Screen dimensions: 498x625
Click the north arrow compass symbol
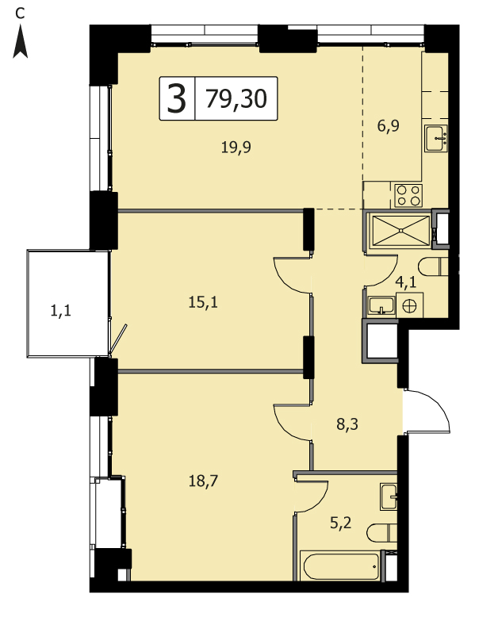click(x=20, y=42)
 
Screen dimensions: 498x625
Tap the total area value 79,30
click(x=236, y=99)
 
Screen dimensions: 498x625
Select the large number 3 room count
click(x=177, y=98)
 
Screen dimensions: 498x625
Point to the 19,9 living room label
click(x=236, y=148)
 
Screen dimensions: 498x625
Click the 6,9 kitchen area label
click(x=388, y=126)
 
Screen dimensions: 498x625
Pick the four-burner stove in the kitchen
click(x=408, y=195)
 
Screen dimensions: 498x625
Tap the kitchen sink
click(x=436, y=138)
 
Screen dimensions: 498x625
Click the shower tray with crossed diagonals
click(x=400, y=230)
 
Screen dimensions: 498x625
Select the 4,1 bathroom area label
click(x=405, y=282)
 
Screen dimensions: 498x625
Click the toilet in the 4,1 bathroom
click(x=433, y=266)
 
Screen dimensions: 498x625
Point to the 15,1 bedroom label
click(x=203, y=302)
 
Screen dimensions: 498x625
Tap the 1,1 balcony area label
click(x=60, y=310)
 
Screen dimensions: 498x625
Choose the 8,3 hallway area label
click(x=347, y=424)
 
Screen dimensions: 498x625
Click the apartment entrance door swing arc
click(x=438, y=404)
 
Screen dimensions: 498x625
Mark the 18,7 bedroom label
click(x=203, y=481)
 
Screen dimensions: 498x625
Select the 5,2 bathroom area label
click(x=341, y=523)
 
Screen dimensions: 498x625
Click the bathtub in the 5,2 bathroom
click(x=341, y=566)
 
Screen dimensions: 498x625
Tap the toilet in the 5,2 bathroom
click(x=382, y=532)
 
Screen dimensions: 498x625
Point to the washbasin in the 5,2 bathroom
click(x=389, y=497)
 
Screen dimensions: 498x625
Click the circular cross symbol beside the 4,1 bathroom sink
click(x=409, y=306)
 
